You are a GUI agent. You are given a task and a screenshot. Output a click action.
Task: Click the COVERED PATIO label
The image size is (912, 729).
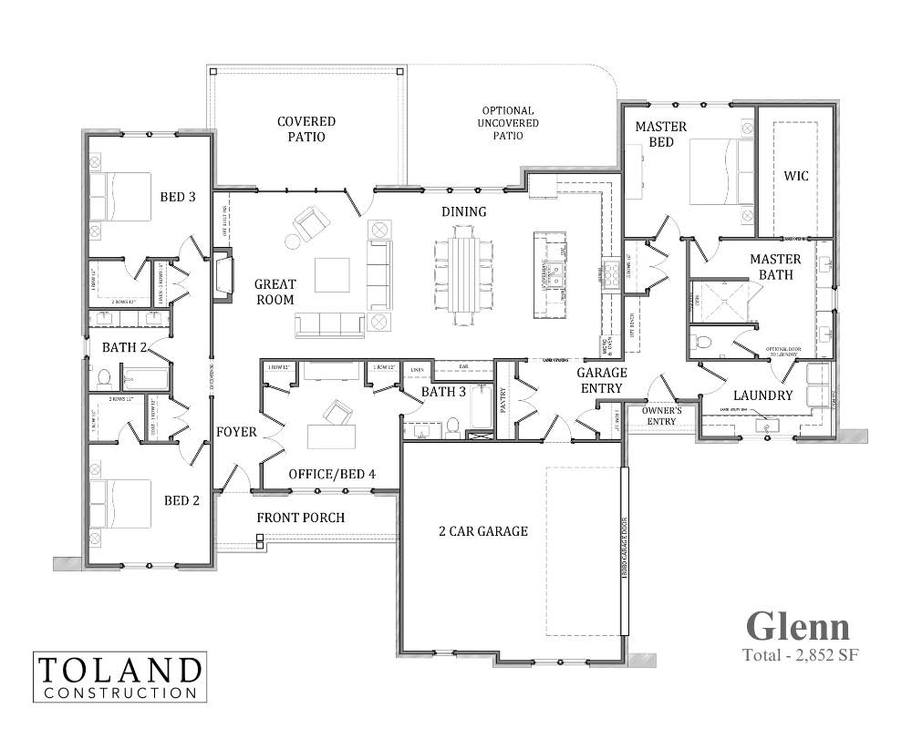click(x=306, y=128)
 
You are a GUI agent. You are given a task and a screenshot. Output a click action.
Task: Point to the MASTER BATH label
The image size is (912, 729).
click(x=775, y=266)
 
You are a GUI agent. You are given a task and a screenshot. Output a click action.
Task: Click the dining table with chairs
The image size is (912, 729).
click(x=464, y=274)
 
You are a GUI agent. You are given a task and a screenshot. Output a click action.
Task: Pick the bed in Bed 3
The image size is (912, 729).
click(x=120, y=197)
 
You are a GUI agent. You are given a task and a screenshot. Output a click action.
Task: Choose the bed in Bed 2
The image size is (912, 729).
click(x=120, y=503)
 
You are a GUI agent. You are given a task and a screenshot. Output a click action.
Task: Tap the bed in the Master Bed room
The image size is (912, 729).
click(x=720, y=171)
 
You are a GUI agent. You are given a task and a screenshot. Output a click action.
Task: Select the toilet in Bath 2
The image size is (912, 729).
click(x=102, y=377)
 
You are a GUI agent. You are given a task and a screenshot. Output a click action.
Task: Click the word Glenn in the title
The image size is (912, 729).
click(x=798, y=626)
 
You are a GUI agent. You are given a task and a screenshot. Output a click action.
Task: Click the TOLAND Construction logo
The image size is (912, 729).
click(x=119, y=676)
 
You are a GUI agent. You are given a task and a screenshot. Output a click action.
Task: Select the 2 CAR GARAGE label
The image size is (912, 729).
click(x=483, y=530)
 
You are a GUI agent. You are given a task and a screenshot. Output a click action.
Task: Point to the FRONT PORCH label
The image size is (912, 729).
click(x=300, y=518)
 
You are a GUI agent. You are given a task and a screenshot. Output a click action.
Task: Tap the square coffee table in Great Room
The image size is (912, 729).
click(x=332, y=274)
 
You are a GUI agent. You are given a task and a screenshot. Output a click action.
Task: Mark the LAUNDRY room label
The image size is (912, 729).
click(x=762, y=395)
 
